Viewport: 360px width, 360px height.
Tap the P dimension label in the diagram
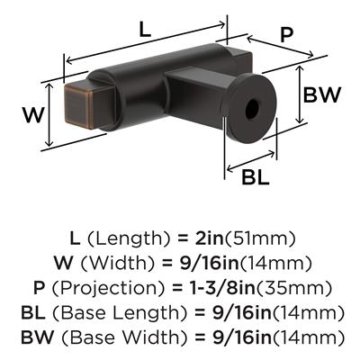click(x=286, y=35)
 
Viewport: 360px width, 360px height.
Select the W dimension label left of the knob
click(x=34, y=115)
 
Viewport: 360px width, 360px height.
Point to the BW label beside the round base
click(x=322, y=94)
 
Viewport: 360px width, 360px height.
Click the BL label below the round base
click(x=256, y=177)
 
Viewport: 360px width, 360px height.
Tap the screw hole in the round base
click(x=252, y=109)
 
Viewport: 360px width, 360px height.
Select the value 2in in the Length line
click(x=206, y=238)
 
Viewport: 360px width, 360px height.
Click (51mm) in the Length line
click(x=260, y=238)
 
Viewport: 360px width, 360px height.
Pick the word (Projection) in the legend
click(x=109, y=288)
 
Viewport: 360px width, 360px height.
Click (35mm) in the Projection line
click(x=293, y=288)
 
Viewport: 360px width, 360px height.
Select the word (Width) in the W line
click(x=117, y=264)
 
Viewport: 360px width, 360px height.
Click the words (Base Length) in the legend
click(x=120, y=313)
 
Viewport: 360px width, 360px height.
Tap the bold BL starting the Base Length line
click(x=33, y=313)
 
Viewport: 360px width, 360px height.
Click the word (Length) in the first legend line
click(x=129, y=238)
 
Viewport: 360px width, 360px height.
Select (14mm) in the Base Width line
click(x=308, y=337)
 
